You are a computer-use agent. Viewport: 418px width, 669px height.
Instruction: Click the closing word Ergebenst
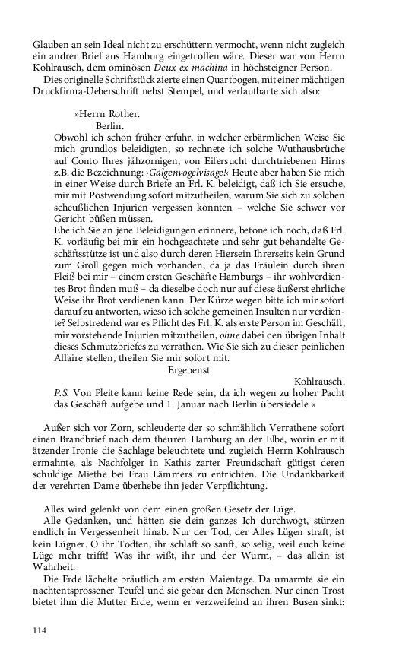(x=188, y=369)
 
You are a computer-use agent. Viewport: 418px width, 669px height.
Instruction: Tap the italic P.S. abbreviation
(x=62, y=394)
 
